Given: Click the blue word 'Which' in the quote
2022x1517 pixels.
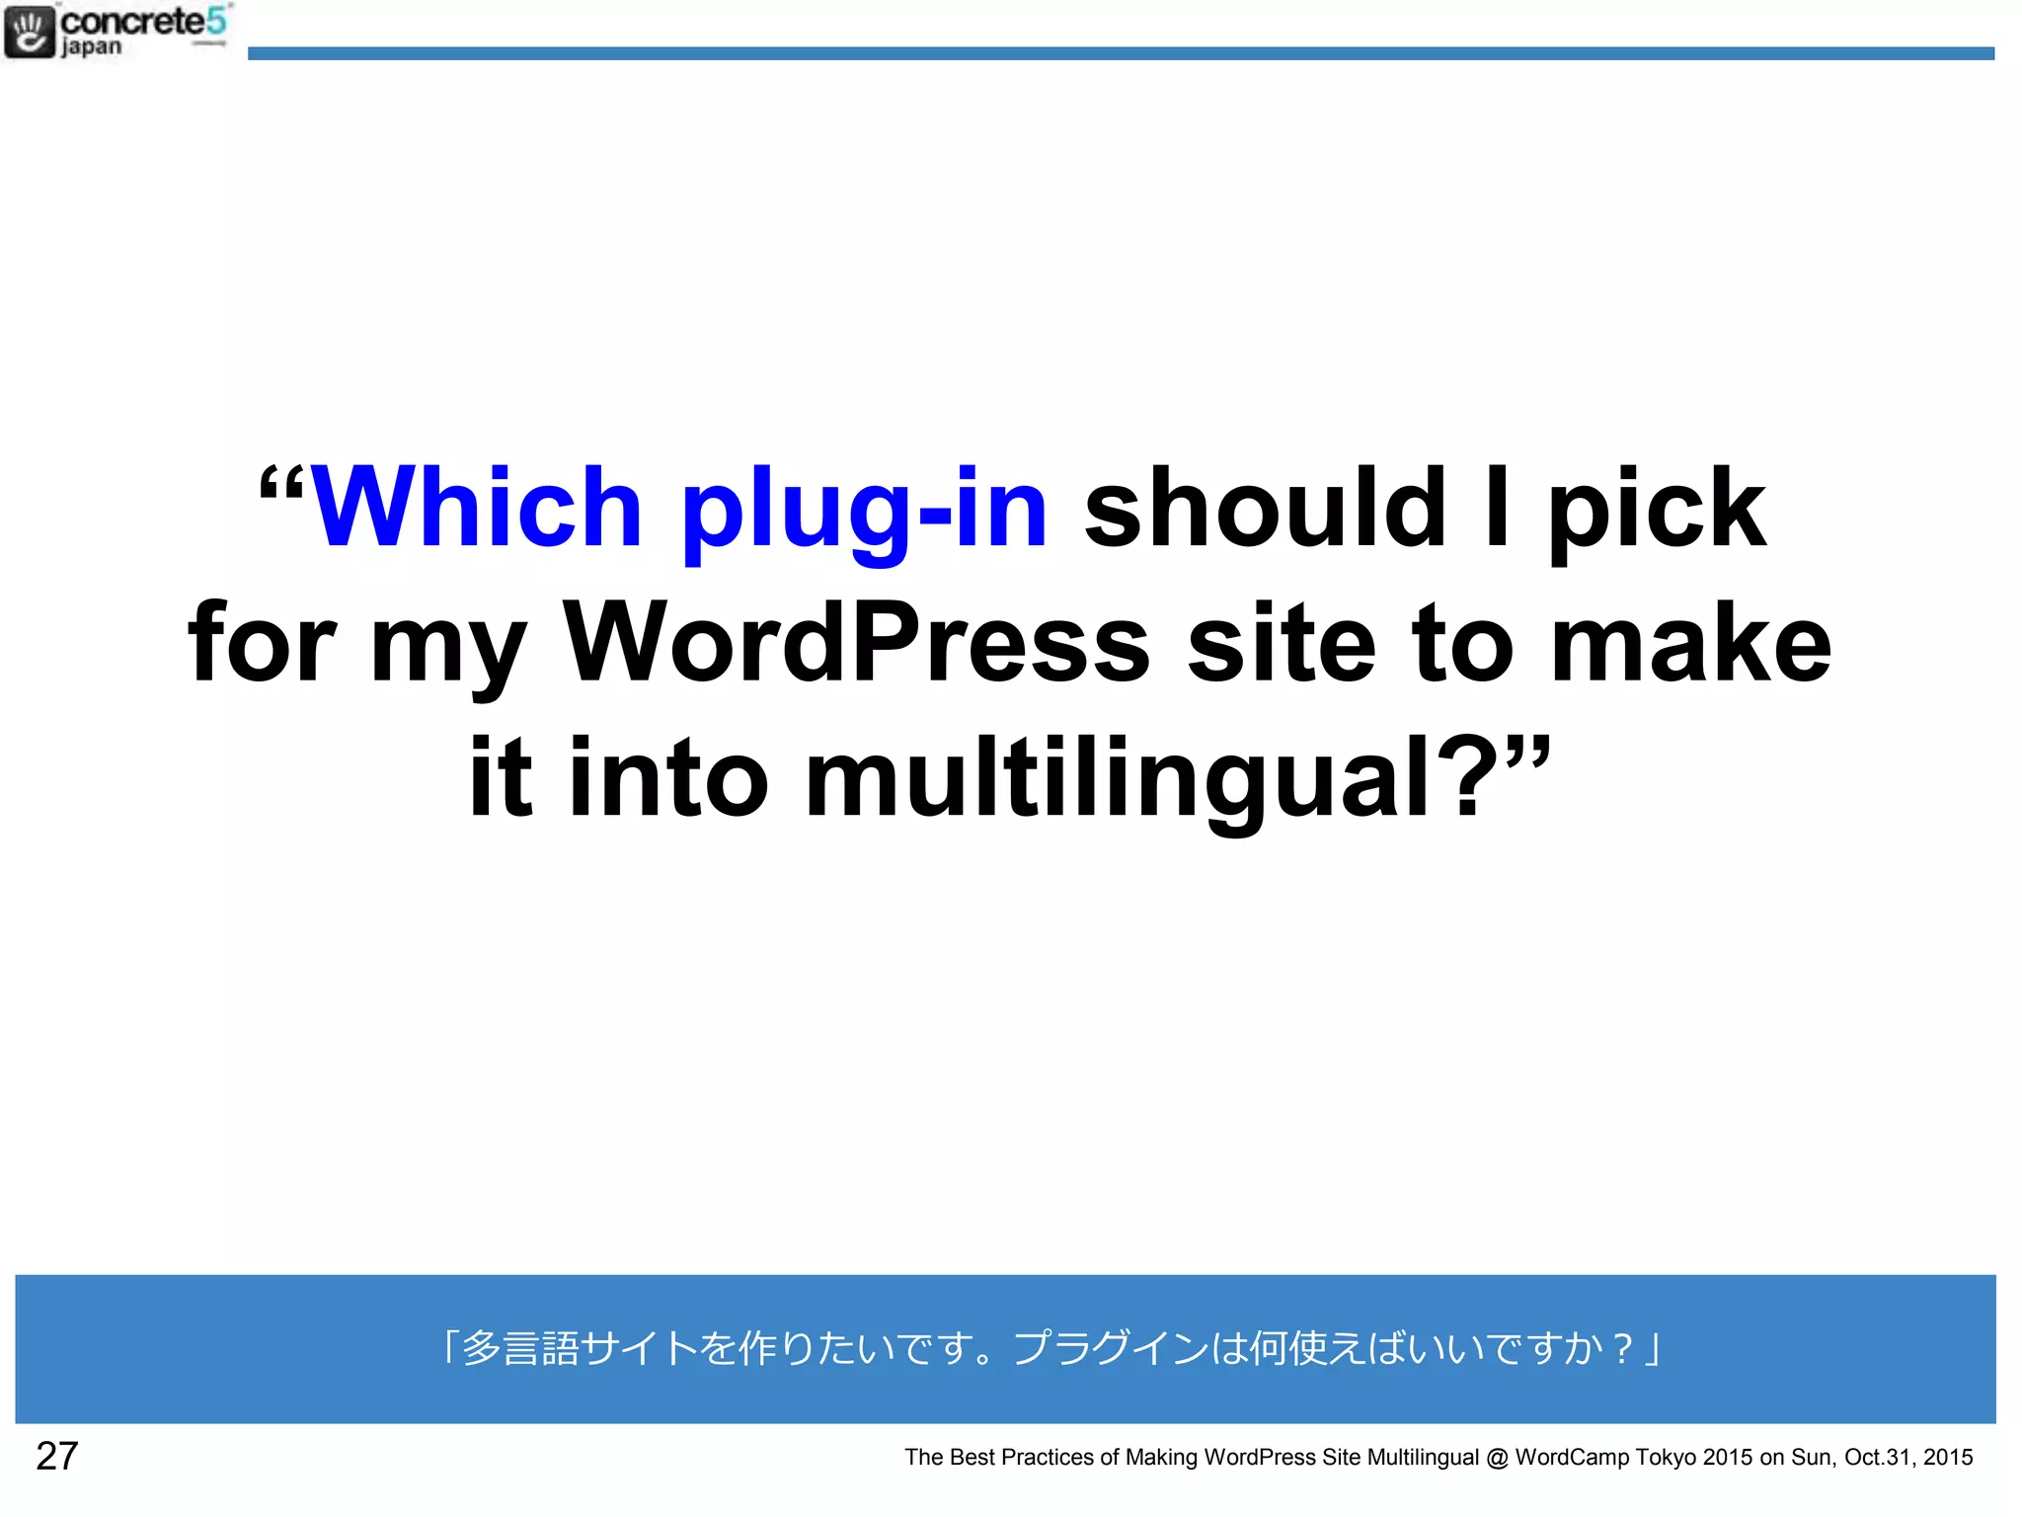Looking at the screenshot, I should pyautogui.click(x=477, y=508).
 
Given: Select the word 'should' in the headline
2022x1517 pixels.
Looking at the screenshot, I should pyautogui.click(x=1265, y=508).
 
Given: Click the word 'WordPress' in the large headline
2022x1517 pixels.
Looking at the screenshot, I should pyautogui.click(x=856, y=643).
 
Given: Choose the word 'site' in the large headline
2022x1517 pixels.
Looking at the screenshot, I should pyautogui.click(x=1282, y=643).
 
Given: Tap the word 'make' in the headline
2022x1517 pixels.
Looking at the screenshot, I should pyautogui.click(x=1691, y=643).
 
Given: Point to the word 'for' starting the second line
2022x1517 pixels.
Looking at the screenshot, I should pyautogui.click(x=263, y=643).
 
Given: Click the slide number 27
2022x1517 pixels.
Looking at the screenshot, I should pyautogui.click(x=56, y=1456).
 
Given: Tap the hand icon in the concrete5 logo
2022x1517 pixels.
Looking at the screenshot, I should pyautogui.click(x=29, y=32).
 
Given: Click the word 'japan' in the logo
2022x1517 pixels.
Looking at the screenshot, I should pyautogui.click(x=91, y=47).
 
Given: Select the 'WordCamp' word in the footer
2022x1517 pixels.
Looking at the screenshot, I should pyautogui.click(x=1571, y=1457).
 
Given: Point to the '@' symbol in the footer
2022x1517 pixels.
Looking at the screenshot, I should pyautogui.click(x=1497, y=1458).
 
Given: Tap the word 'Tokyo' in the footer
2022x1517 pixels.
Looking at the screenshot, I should pyautogui.click(x=1666, y=1457).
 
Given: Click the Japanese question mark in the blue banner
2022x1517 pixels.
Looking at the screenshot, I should pyautogui.click(x=1621, y=1348).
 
